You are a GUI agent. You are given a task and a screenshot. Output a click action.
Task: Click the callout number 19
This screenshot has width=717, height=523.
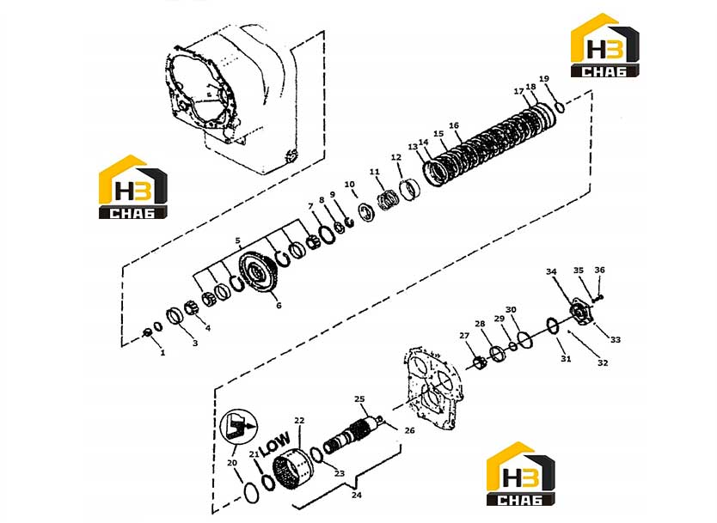(x=543, y=78)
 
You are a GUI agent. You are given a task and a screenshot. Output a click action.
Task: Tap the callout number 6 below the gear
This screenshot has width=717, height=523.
(x=279, y=305)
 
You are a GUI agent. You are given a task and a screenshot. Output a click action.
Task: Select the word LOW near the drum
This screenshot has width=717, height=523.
(x=275, y=444)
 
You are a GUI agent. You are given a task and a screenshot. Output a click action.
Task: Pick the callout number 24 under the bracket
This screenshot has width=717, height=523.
(x=356, y=495)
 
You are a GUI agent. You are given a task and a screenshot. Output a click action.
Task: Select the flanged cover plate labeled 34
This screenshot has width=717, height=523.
(x=580, y=312)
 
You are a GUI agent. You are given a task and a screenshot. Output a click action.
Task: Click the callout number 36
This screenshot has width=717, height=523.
(x=599, y=270)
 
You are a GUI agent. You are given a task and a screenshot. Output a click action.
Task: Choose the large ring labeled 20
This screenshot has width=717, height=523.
(x=251, y=493)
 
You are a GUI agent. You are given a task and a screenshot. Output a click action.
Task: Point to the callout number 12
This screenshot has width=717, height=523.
(x=396, y=157)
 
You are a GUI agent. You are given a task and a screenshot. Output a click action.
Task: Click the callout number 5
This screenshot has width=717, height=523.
(x=238, y=240)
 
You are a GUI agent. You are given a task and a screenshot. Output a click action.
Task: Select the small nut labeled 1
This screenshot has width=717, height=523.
(x=147, y=332)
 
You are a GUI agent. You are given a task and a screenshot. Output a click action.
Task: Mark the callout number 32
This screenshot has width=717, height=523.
(x=604, y=362)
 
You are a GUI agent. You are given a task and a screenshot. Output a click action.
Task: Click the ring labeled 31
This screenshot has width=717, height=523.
(x=553, y=326)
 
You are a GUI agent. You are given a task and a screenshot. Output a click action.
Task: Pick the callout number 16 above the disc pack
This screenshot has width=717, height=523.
(x=454, y=125)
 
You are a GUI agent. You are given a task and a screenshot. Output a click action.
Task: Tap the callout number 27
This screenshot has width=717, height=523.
(x=464, y=336)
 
